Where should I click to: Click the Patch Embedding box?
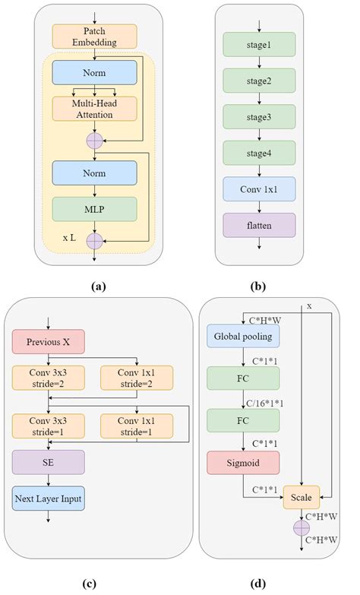94,36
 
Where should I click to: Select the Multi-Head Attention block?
94,109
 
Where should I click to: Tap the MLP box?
94,208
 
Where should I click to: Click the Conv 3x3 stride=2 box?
48,377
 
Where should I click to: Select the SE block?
48,461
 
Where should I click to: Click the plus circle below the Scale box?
302,526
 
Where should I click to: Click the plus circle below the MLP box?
94,241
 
